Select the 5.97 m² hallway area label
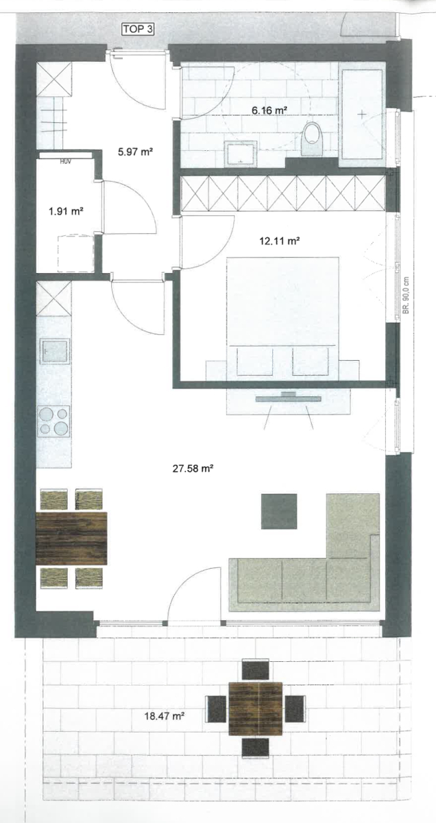click(134, 152)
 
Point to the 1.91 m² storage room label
click(66, 212)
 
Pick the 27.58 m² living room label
click(193, 469)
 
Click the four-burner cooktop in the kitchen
click(54, 420)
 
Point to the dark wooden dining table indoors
click(71, 538)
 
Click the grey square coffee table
click(279, 511)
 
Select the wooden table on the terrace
click(256, 708)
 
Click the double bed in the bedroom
click(283, 315)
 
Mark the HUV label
click(66, 161)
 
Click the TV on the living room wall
click(284, 398)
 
